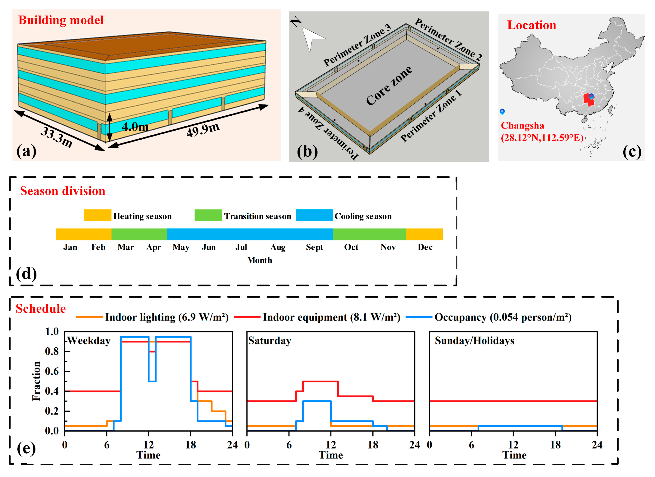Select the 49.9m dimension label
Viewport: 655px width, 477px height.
[203, 130]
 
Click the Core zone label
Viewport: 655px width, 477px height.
[389, 86]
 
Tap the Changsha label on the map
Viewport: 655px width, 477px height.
[522, 126]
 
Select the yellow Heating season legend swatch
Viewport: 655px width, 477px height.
[97, 215]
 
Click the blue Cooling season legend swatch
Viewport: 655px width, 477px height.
[314, 215]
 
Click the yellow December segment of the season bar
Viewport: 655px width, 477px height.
[424, 234]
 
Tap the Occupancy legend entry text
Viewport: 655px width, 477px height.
[503, 317]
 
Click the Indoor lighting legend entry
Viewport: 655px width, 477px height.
[167, 317]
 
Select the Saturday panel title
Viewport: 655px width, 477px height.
[269, 341]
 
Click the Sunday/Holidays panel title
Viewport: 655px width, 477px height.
[475, 341]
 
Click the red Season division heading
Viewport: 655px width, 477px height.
[63, 191]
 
